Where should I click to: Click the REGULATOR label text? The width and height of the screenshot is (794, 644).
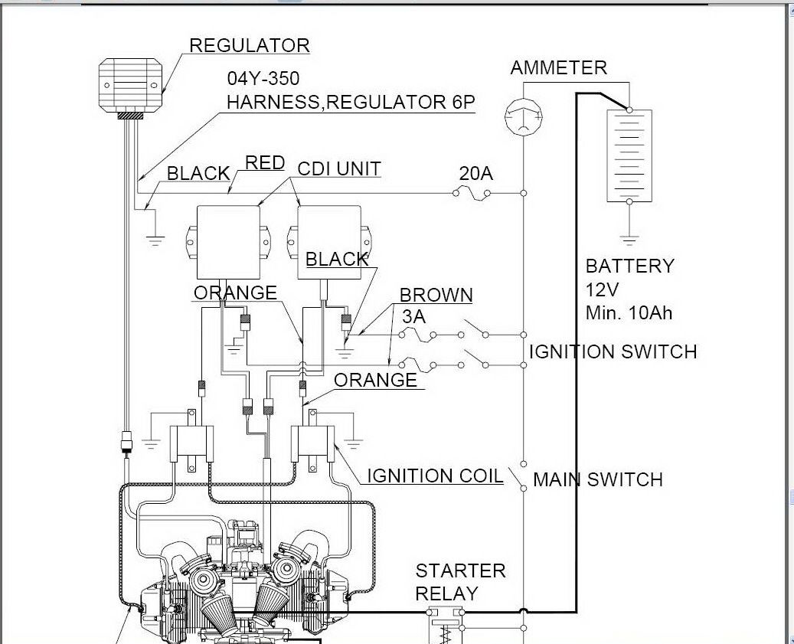[249, 45]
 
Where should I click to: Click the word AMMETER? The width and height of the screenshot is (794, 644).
[558, 67]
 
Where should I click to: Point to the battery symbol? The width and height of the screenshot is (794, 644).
[629, 155]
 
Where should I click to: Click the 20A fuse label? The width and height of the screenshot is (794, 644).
[475, 174]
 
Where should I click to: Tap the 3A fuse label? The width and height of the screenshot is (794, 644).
[414, 316]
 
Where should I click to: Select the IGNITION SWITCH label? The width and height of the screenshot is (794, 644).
[613, 352]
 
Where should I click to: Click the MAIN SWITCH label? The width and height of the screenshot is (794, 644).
[597, 480]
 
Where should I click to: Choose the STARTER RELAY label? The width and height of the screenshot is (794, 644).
[460, 582]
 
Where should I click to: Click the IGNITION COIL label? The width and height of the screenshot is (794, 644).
[434, 476]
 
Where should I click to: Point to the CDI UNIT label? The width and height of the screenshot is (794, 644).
[338, 168]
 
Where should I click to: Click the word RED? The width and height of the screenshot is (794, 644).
[265, 162]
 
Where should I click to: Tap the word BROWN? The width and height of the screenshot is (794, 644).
[436, 296]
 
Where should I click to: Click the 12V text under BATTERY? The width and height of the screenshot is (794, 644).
[603, 289]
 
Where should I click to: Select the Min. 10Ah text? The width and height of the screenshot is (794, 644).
[629, 312]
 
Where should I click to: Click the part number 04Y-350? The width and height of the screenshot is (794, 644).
[263, 79]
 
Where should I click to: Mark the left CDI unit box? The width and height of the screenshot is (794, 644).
[227, 242]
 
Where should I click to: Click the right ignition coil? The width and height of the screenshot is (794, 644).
[312, 442]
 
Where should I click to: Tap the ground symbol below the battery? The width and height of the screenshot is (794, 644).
[629, 238]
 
